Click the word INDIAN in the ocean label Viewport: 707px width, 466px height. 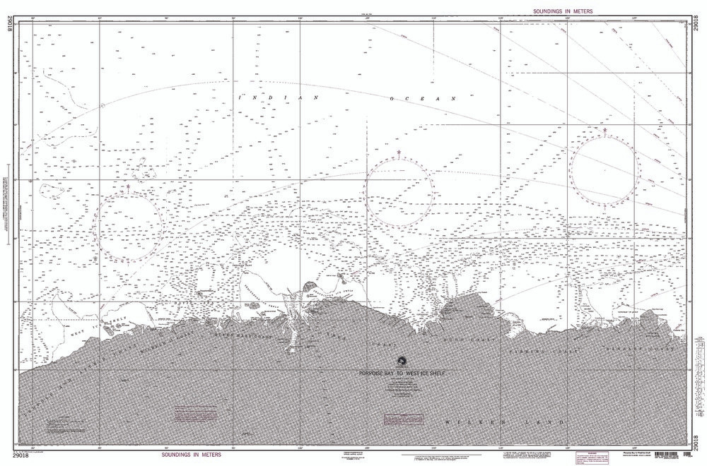click(x=279, y=97)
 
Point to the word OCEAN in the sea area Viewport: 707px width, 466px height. click(x=423, y=100)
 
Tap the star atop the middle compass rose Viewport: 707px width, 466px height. click(x=399, y=153)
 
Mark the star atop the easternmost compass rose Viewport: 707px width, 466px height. click(x=604, y=130)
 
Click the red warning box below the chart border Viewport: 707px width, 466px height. click(x=587, y=457)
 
